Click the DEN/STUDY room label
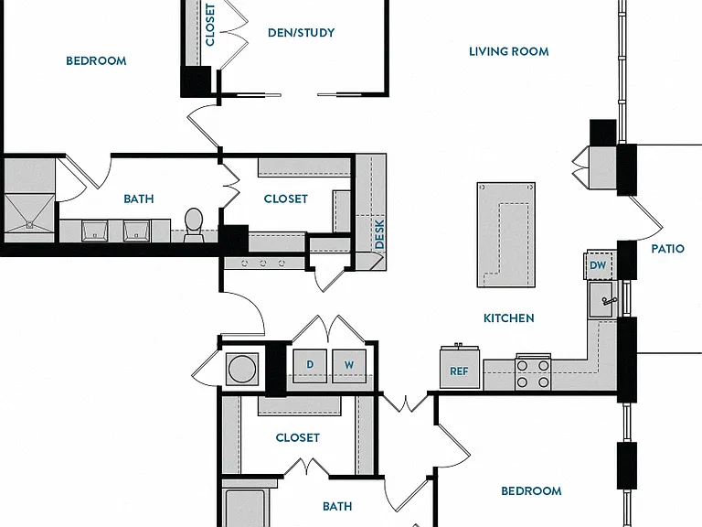coord(301,33)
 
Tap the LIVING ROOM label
coord(508,51)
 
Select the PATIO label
coord(667,249)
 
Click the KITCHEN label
coord(508,318)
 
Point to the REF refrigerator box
coord(460,369)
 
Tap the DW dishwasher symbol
coord(598,265)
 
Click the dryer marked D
coord(310,366)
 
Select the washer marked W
coord(349,366)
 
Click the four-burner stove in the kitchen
coord(533,372)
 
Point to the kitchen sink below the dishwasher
coord(602,300)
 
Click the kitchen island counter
coord(506,234)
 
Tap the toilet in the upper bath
coord(194,224)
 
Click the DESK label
coord(379,234)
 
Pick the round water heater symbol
coord(241,369)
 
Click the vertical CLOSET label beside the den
coord(210,25)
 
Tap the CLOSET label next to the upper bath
coord(285,199)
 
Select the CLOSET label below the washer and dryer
coord(298,437)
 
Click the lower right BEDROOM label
coord(531,491)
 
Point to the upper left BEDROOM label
coord(96,61)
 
